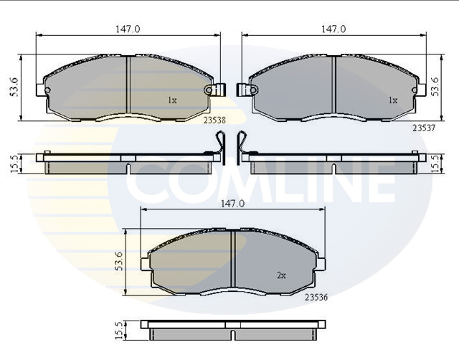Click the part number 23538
pos(215,120)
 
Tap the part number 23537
pos(424,128)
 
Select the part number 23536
pos(316,298)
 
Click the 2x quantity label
pos(281,275)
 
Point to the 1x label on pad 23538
pos(172,100)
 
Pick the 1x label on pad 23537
pos(393,100)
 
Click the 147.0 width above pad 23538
pos(128,29)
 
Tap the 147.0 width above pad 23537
pos(333,29)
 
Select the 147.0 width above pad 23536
pos(232,204)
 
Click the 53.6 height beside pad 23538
pos(14,87)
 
